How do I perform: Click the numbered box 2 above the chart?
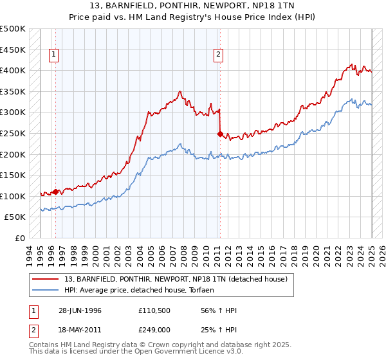(x=219, y=55)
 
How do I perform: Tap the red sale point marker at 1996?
(x=56, y=191)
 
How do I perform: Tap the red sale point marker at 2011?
(x=220, y=134)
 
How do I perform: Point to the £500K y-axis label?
(x=13, y=29)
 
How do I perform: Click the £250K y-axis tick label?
(x=13, y=133)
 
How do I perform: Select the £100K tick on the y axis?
(x=13, y=196)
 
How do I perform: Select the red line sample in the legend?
(x=46, y=278)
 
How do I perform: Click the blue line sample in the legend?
(x=46, y=290)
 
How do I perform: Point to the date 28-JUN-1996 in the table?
(x=80, y=310)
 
